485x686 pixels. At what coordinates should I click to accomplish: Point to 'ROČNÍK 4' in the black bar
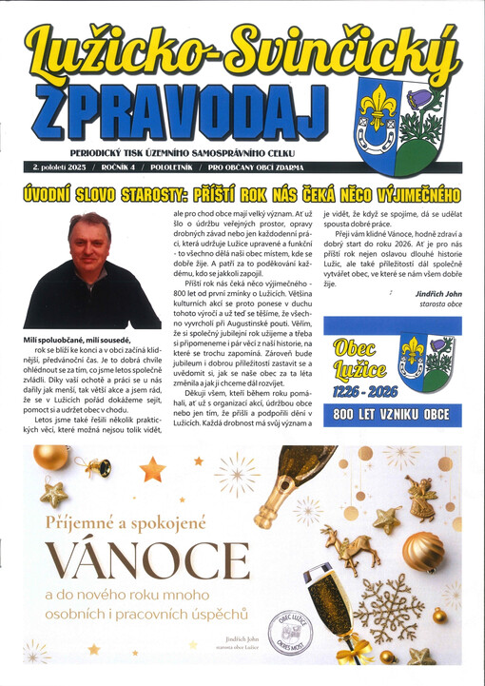pos(117,168)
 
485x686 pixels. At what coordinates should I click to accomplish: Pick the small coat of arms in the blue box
pos(425,363)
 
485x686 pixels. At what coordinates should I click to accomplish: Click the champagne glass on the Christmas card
pos(333,609)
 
